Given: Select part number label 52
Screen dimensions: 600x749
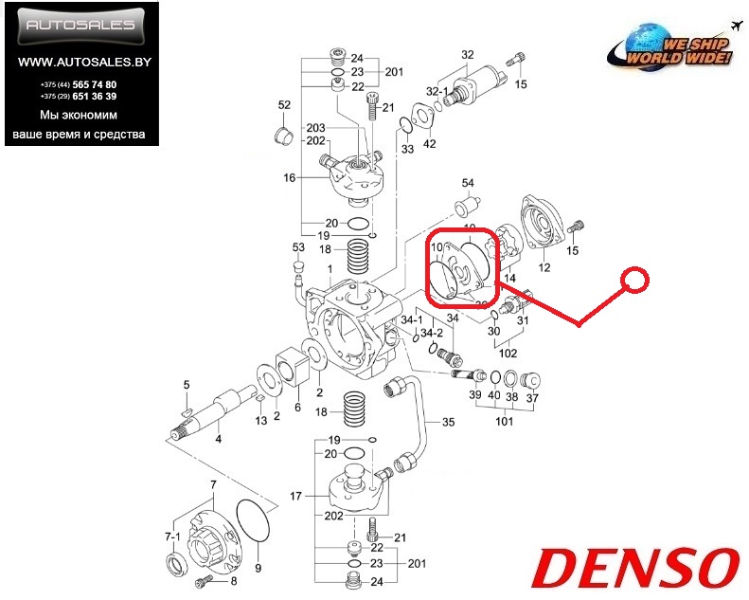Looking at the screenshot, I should coord(283,105).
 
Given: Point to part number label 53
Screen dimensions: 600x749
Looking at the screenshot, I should coord(297,247).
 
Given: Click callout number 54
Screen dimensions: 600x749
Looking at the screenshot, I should coord(467,182).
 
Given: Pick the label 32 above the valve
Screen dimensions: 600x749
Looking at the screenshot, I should coord(467,55).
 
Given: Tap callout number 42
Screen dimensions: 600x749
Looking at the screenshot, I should coord(430,144).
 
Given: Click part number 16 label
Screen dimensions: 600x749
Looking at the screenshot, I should coord(289,177).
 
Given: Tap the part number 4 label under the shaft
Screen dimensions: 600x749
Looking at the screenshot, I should coord(219,439).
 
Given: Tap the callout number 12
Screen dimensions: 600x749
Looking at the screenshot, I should coord(544,267).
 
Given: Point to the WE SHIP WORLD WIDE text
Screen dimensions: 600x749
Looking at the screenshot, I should coord(698,51).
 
